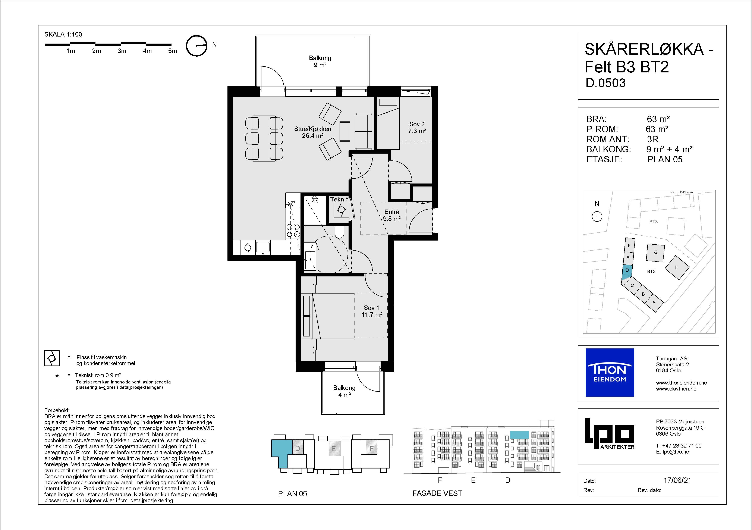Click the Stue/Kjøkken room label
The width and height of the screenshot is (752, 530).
click(312, 132)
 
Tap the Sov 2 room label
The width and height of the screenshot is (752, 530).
click(417, 127)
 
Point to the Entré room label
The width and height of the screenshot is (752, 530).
click(392, 215)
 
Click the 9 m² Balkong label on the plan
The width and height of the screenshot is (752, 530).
click(320, 61)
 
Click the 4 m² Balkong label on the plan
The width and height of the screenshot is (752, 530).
click(344, 391)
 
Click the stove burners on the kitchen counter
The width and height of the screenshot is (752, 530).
click(64, 230)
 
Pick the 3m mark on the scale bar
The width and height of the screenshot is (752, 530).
click(122, 51)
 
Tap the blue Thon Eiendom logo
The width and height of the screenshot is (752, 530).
click(610, 372)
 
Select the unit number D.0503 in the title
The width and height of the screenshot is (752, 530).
click(606, 83)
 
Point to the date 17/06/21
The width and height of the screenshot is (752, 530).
click(677, 480)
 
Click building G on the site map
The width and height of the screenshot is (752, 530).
click(656, 253)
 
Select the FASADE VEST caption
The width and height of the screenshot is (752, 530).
click(437, 493)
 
